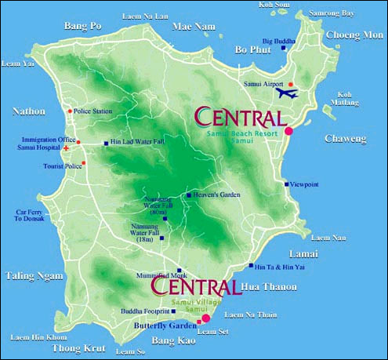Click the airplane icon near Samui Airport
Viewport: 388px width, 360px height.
click(x=288, y=94)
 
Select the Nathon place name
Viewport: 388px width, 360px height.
click(x=30, y=111)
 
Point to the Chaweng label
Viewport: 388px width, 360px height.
click(x=346, y=138)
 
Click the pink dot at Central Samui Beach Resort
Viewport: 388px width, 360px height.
click(x=288, y=130)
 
